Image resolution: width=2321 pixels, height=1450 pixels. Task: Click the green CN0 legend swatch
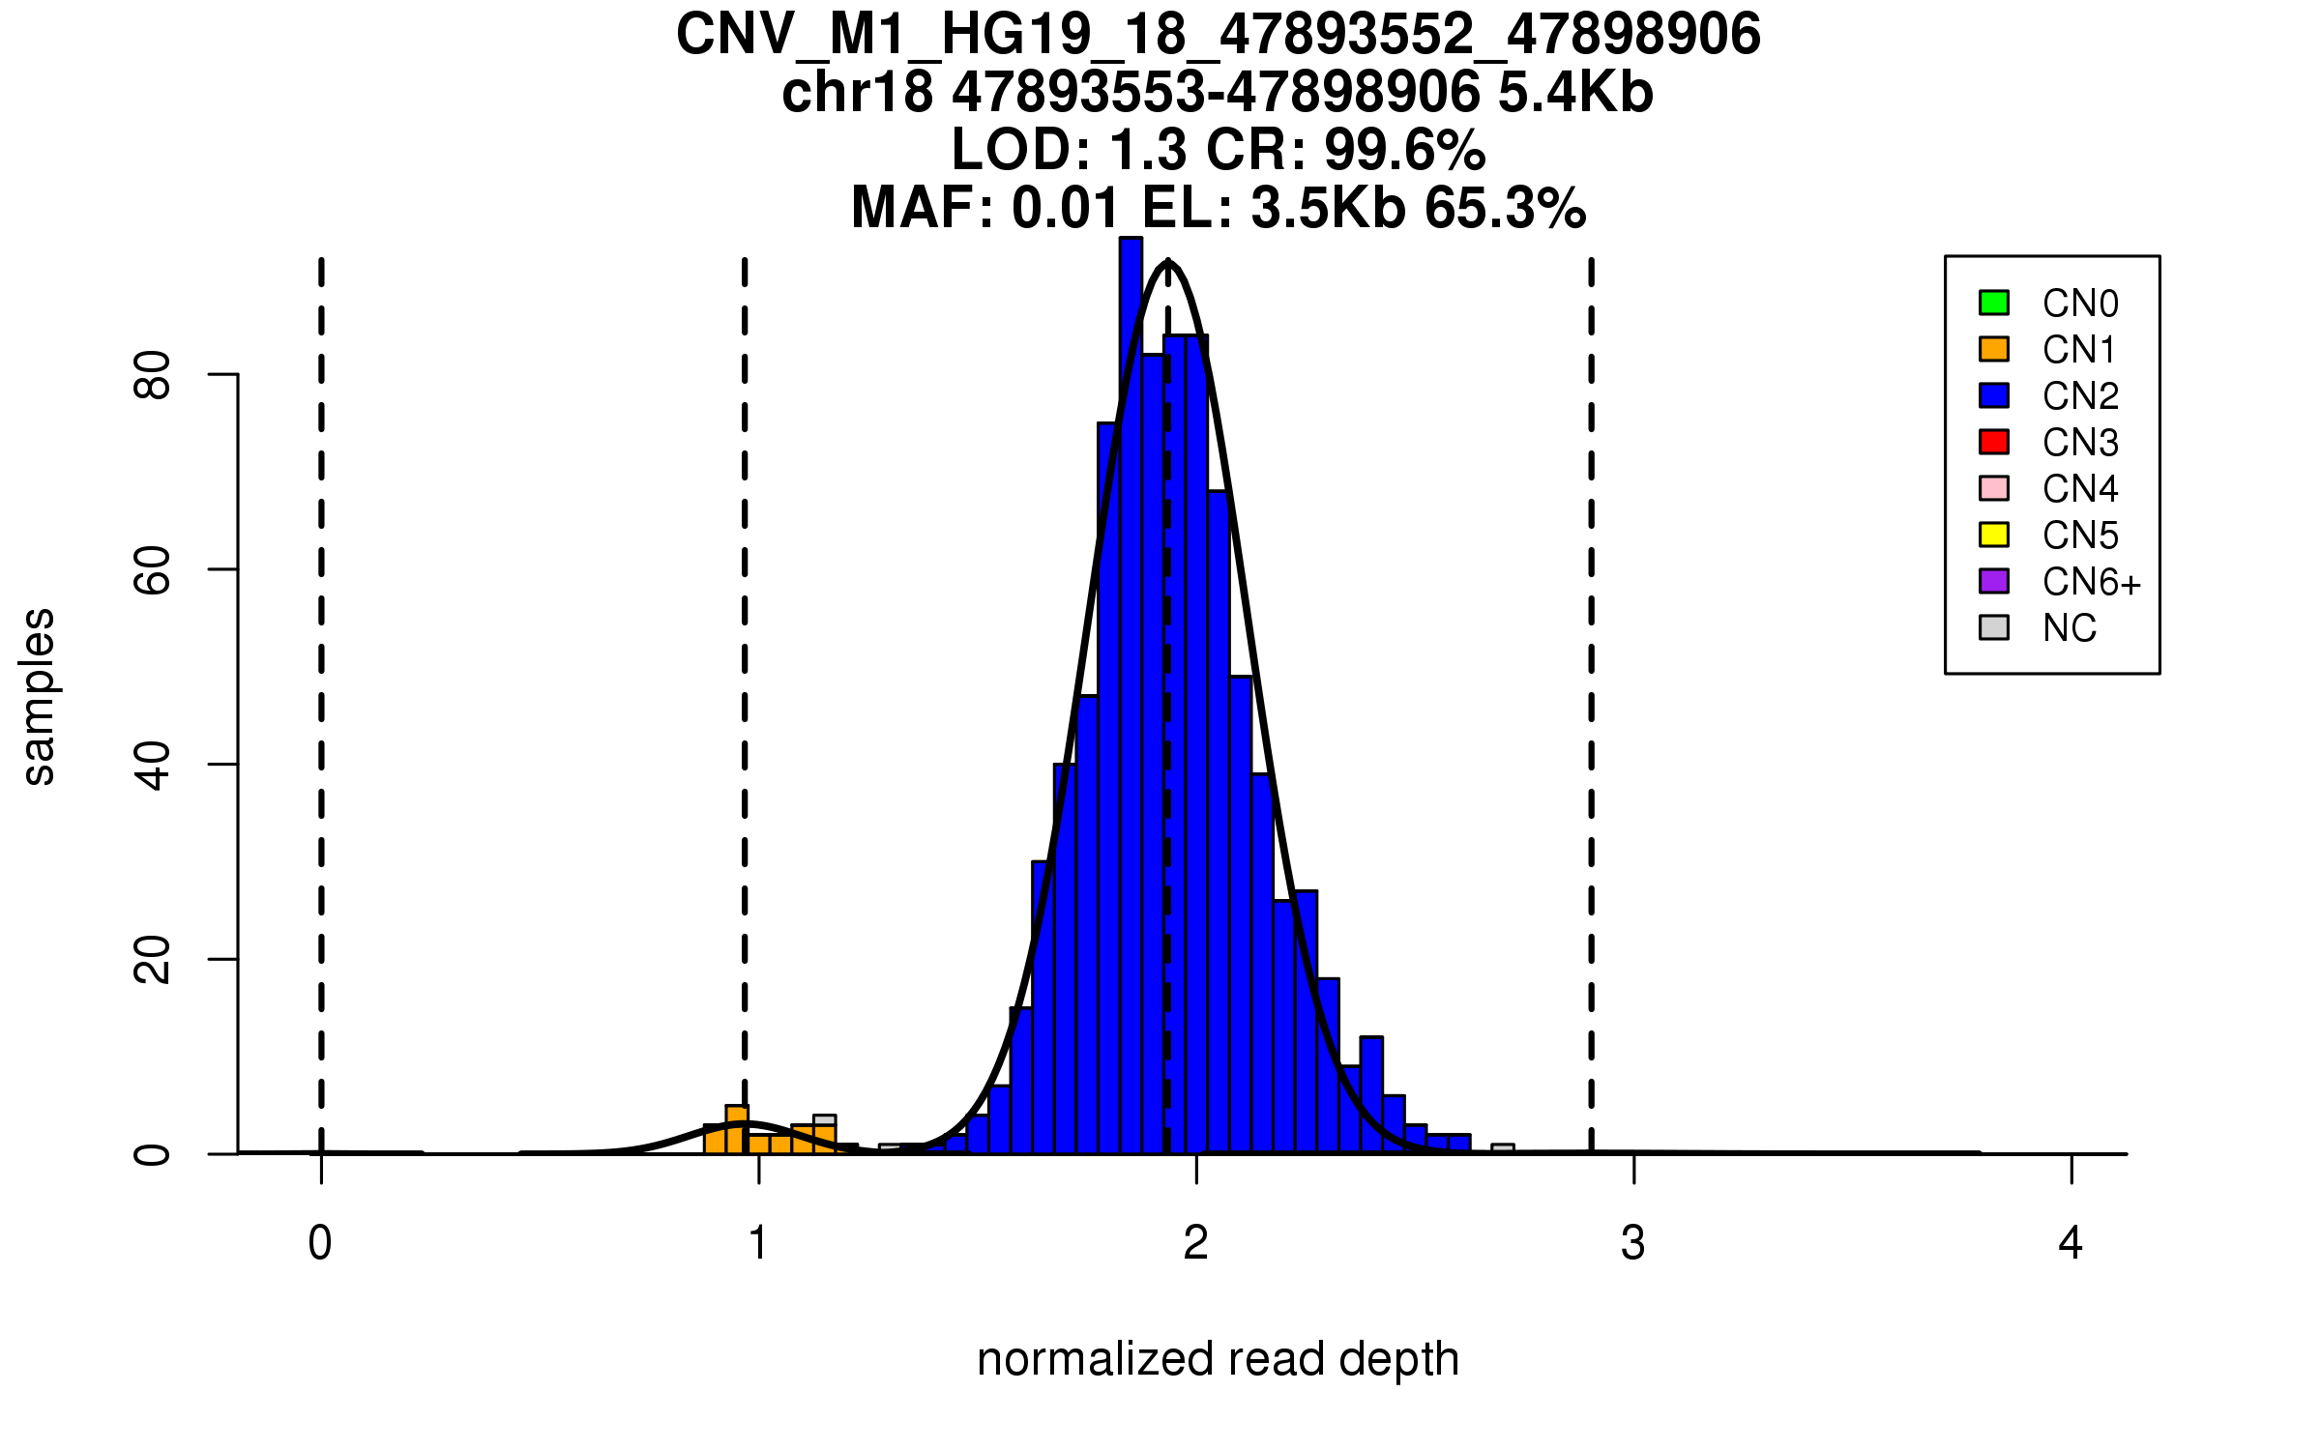pos(1994,303)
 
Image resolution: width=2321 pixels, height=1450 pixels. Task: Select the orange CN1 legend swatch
pos(1994,349)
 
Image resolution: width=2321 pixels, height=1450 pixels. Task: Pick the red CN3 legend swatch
pos(1994,442)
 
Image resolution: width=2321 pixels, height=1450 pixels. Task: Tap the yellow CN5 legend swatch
pos(1994,535)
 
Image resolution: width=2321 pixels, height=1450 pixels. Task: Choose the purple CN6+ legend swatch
pos(1994,581)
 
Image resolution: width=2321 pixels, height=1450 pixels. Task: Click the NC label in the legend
pos(2070,628)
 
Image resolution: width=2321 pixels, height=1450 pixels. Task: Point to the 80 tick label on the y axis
pos(153,375)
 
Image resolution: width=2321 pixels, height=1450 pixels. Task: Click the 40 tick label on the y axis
pos(153,766)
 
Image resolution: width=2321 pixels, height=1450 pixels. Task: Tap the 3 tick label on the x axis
pos(1633,1243)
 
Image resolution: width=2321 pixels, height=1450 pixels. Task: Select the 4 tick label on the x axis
pos(2071,1243)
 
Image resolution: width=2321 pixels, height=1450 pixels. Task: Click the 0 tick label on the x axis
pos(320,1243)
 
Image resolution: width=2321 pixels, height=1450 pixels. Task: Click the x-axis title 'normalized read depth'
pos(1218,1359)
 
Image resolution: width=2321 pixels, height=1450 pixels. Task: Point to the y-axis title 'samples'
pos(39,696)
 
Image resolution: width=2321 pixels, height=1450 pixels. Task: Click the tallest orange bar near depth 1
pos(737,1129)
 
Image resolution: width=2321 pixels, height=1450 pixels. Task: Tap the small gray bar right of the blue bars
pos(1503,1148)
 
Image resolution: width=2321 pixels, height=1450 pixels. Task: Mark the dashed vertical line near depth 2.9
pos(1591,677)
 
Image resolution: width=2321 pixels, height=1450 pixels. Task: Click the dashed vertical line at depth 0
pos(321,677)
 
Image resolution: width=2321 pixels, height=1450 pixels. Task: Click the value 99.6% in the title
pos(1404,150)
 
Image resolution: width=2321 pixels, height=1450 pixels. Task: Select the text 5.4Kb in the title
pos(1575,93)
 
